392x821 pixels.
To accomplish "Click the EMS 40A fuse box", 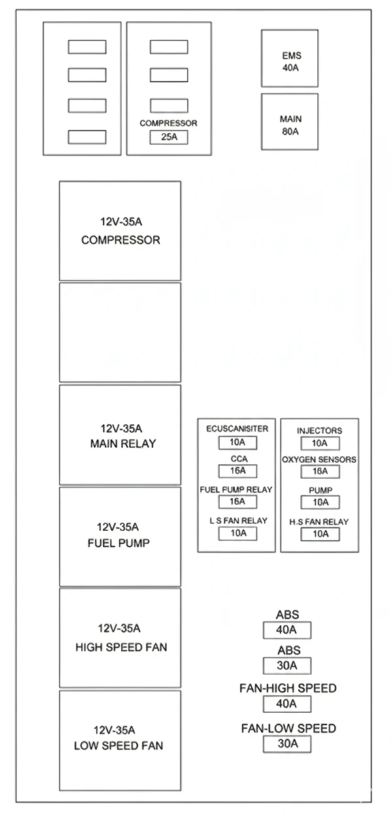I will pos(289,58).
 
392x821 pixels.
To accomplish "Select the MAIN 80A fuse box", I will pos(289,122).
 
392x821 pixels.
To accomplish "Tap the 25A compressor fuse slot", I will pos(169,137).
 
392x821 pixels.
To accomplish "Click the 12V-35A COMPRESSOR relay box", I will pos(120,231).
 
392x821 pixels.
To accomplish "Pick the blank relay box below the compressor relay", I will pos(120,332).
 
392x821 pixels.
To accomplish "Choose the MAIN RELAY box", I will pos(120,435).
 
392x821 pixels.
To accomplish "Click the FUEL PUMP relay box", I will pos(120,536).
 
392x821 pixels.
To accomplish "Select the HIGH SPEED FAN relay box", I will pos(120,638).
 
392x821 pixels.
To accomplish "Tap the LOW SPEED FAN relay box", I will pos(120,739).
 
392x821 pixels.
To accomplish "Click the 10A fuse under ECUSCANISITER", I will pos(238,443).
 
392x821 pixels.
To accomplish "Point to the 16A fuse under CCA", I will pos(238,471).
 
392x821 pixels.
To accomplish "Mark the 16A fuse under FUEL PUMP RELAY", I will pos(238,502).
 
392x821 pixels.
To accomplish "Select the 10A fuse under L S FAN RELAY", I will pos(238,533).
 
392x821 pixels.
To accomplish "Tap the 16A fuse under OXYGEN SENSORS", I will pos(320,471).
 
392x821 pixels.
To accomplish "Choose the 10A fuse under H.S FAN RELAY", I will pos(320,534).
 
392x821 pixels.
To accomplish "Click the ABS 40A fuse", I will pos(287,630).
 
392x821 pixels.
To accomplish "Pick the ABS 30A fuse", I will pos(287,666).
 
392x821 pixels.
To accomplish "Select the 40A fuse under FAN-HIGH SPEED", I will pos(287,704).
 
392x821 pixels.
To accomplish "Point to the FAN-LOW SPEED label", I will pos(288,728).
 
